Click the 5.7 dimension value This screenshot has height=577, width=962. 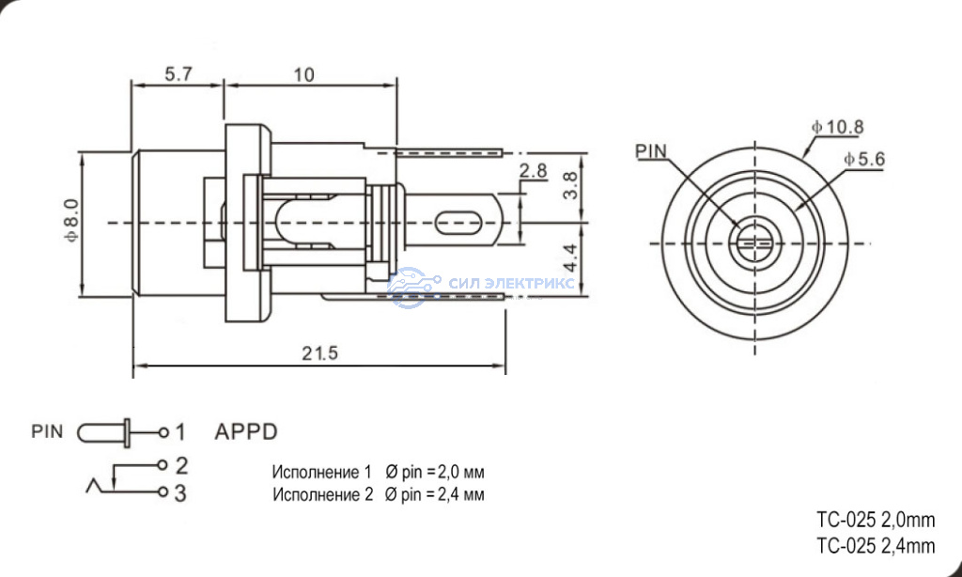(178, 74)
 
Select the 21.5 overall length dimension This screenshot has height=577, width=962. (319, 353)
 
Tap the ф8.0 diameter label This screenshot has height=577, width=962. (71, 219)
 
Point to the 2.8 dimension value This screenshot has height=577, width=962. (533, 170)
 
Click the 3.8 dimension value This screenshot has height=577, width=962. (569, 185)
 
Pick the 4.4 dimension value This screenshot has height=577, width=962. (569, 257)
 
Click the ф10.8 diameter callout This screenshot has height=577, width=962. (837, 127)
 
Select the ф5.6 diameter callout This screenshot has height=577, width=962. (864, 159)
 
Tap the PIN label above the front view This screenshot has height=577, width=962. (651, 151)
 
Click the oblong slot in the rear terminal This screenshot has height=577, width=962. (458, 222)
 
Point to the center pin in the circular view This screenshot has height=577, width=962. (754, 243)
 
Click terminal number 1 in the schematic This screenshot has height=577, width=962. (179, 432)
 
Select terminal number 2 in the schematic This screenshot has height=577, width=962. (181, 466)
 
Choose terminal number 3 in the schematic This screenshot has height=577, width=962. (180, 493)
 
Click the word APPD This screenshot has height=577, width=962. (246, 431)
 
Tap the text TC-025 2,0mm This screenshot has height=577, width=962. (876, 521)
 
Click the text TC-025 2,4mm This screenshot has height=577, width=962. (876, 545)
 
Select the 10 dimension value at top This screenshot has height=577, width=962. (303, 75)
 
